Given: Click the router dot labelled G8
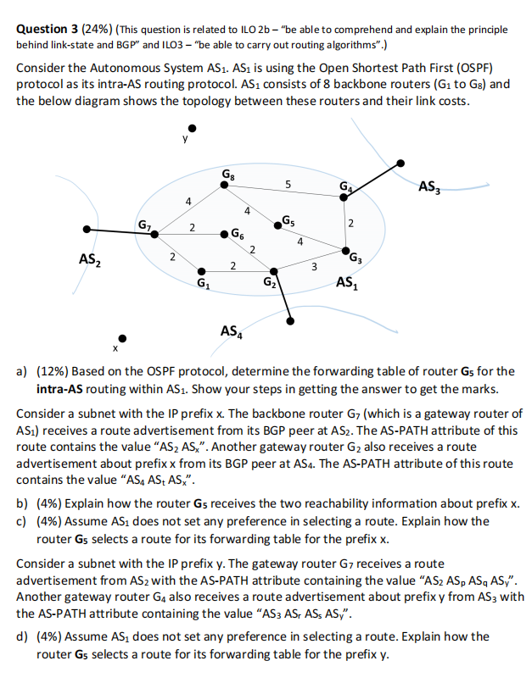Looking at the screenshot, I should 222,188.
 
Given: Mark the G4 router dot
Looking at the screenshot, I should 344,197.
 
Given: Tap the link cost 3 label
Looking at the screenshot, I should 313,269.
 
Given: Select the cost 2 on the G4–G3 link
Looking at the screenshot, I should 351,223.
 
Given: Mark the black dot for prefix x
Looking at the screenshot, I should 122,337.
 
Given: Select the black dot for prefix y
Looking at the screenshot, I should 193,130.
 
